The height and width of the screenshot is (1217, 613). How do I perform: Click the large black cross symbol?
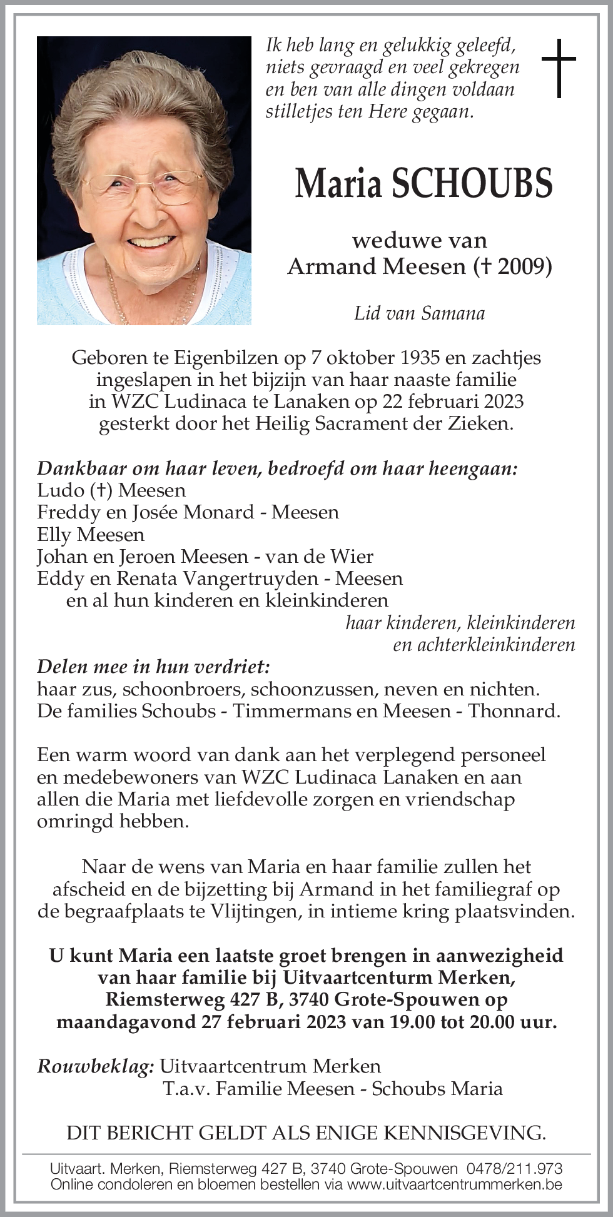tap(558, 68)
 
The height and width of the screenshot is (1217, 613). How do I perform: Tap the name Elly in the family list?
tap(56, 535)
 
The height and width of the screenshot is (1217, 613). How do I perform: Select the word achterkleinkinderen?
tap(484, 645)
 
